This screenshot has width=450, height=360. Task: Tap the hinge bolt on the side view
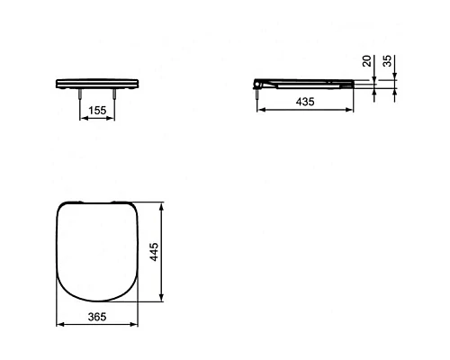tap(260, 90)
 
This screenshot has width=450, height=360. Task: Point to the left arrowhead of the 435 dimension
tap(260, 112)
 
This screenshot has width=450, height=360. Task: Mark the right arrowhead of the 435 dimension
tap(352, 112)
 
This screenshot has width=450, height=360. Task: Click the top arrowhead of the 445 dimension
tap(160, 206)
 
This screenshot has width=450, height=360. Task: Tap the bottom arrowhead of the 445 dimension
tap(160, 301)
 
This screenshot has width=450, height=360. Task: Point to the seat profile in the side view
tap(306, 83)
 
